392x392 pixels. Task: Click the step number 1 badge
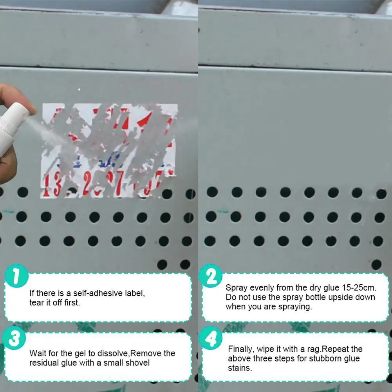[x=17, y=277]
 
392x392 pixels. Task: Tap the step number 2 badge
[x=211, y=277]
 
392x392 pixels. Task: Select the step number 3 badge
[x=14, y=339]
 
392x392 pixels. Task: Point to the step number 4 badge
[x=211, y=339]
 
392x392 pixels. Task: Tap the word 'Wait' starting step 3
[x=38, y=353]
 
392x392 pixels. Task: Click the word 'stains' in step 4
[x=240, y=368]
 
